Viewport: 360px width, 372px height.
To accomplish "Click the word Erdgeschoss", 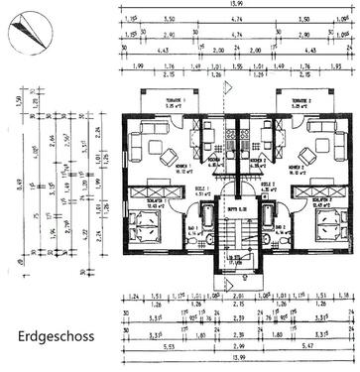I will [56, 336].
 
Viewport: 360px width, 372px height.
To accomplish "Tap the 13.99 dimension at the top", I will [234, 7].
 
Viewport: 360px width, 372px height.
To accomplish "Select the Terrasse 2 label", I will [299, 102].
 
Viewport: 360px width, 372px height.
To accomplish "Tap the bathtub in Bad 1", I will [206, 217].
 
